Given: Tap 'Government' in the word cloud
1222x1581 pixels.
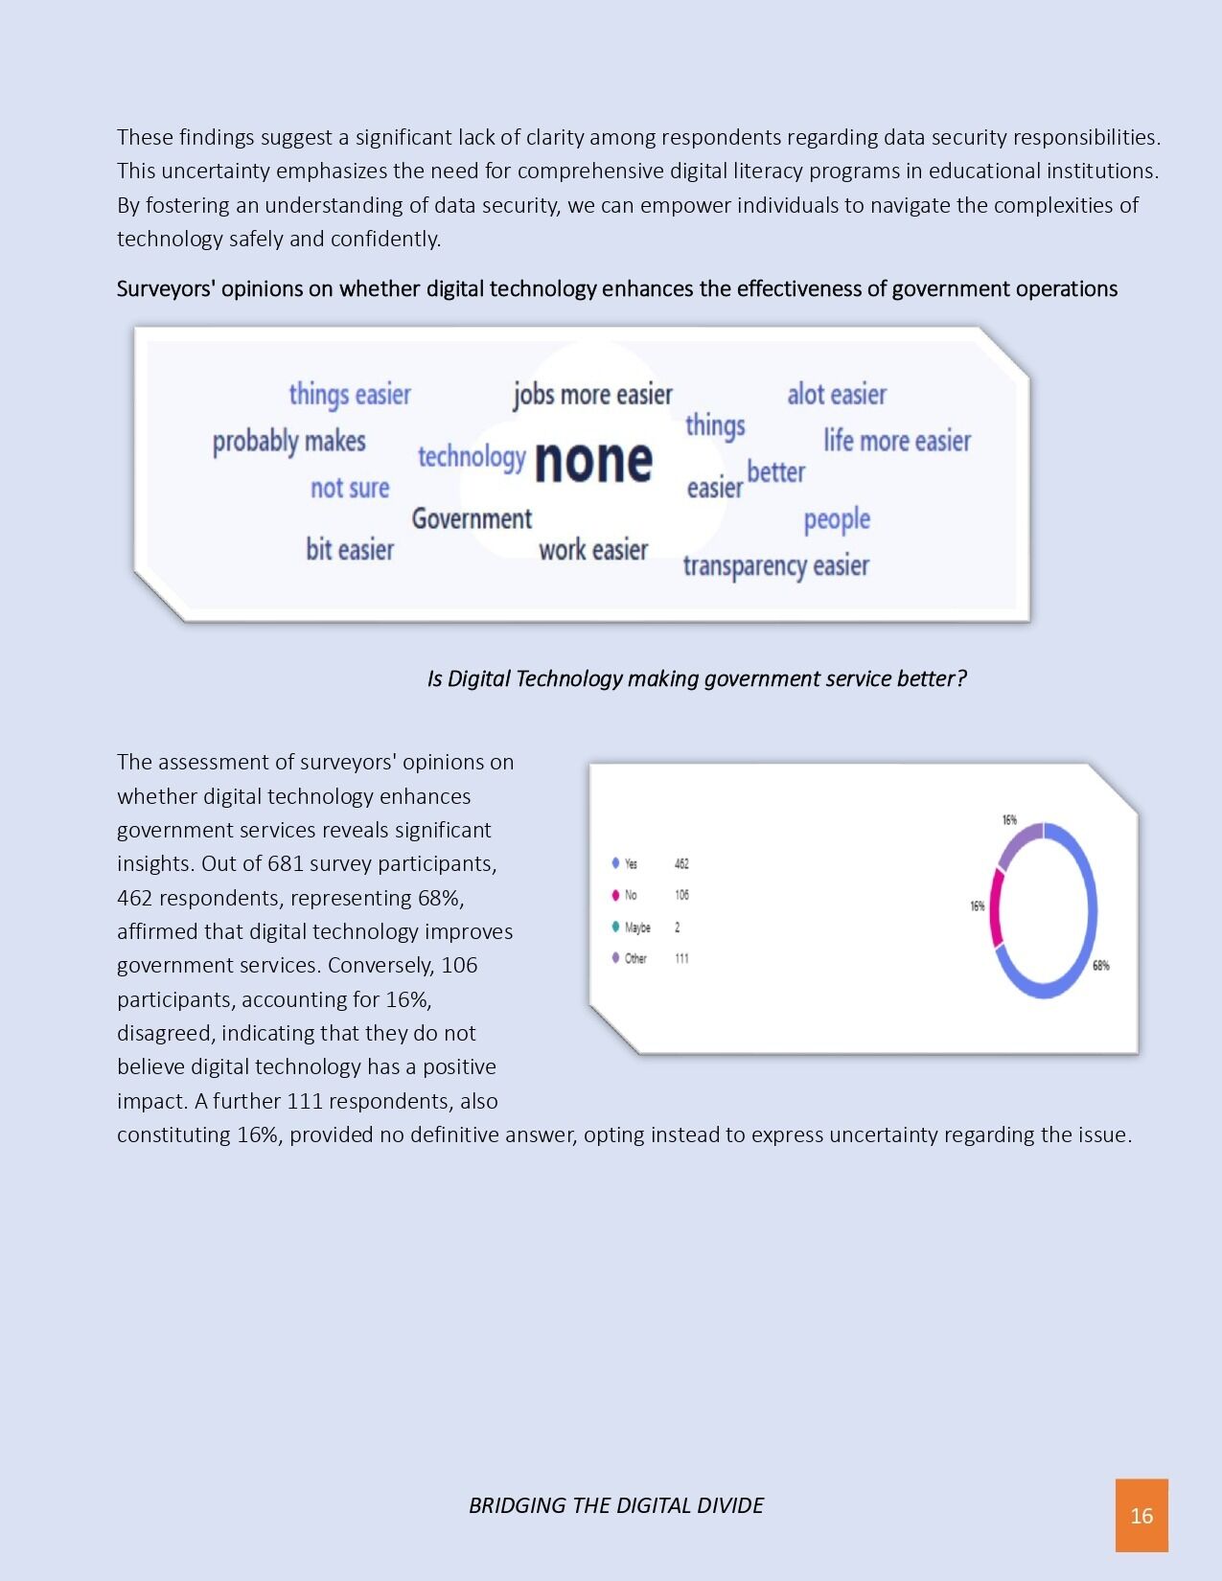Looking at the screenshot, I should (x=472, y=519).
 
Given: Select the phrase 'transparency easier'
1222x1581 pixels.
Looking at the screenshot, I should (x=775, y=565).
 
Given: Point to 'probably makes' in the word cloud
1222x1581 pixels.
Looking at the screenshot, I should (x=288, y=442).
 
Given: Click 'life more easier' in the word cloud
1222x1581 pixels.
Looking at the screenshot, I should (x=897, y=441).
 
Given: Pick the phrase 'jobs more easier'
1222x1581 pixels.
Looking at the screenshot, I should (x=592, y=395).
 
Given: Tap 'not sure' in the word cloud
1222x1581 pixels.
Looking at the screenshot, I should (x=350, y=489).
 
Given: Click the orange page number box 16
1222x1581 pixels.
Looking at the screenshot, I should (x=1141, y=1515).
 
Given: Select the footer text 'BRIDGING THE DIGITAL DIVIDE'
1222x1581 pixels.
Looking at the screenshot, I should (x=615, y=1505).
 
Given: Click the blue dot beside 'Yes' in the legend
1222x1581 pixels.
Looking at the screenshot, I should (x=615, y=863).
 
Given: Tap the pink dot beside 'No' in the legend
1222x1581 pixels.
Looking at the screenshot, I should (x=615, y=895).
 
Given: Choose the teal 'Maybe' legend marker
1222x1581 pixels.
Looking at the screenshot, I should (x=615, y=927).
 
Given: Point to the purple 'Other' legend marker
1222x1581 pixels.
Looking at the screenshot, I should (x=615, y=958).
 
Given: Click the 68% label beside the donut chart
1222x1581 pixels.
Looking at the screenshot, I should (x=1100, y=966).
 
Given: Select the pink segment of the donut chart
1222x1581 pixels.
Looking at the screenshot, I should (x=997, y=908).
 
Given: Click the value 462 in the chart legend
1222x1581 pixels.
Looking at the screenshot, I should (x=681, y=863).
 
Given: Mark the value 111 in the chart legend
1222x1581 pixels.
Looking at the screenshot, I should (x=681, y=958).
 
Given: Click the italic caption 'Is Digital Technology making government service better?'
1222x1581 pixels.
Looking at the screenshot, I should (x=697, y=678).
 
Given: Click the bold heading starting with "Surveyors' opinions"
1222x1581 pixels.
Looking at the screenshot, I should (x=616, y=289).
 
